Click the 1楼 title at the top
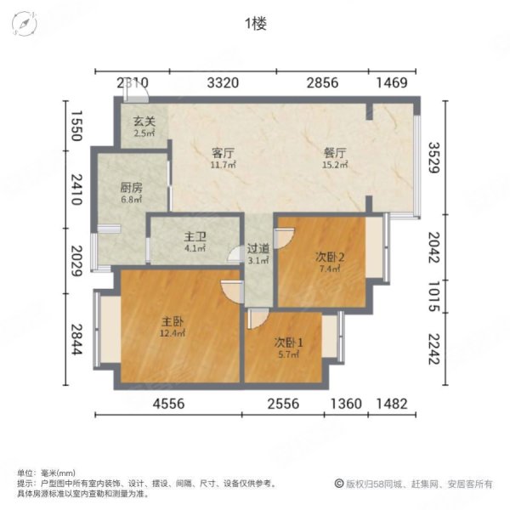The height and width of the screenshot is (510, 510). (255, 24)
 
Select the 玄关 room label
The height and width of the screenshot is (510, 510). (143, 122)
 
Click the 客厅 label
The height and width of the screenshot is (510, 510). (223, 153)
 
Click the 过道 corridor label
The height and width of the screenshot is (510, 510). (258, 251)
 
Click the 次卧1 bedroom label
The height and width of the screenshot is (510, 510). (286, 343)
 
